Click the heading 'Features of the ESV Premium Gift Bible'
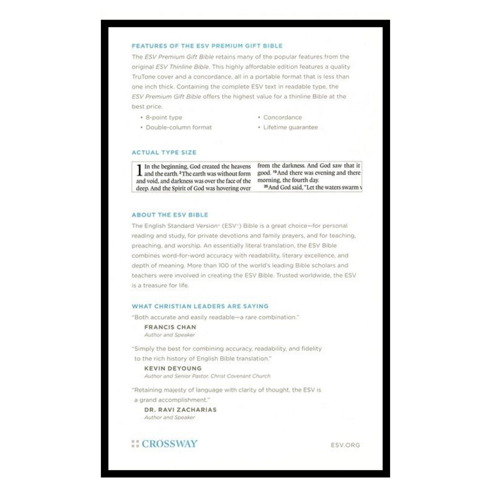pyautogui.click(x=207, y=46)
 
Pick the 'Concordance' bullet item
pyautogui.click(x=282, y=117)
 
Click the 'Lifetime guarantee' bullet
pyautogui.click(x=290, y=127)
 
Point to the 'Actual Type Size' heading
pyautogui.click(x=164, y=152)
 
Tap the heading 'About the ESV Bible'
pyautogui.click(x=170, y=214)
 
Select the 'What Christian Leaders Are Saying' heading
pyautogui.click(x=200, y=306)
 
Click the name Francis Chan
pyautogui.click(x=170, y=327)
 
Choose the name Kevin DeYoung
pyautogui.click(x=172, y=368)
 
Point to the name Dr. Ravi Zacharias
pyautogui.click(x=178, y=409)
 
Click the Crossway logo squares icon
pyautogui.click(x=135, y=444)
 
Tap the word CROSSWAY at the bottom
pyautogui.click(x=170, y=444)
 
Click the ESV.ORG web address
pyautogui.click(x=345, y=445)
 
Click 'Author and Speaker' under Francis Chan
pyautogui.click(x=169, y=335)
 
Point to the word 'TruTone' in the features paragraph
pyautogui.click(x=143, y=76)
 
